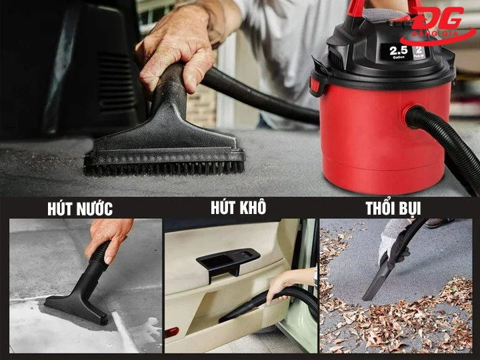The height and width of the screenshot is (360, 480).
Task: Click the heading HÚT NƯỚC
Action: tap(80, 209)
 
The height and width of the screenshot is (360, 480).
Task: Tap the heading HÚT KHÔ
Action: tap(238, 208)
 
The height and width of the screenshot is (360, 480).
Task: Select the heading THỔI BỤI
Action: tap(393, 208)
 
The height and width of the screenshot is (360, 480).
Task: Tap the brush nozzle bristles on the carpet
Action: tap(163, 167)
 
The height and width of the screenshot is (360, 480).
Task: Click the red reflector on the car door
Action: tap(171, 331)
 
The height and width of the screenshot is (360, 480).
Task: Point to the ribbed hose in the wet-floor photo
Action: tap(99, 257)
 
